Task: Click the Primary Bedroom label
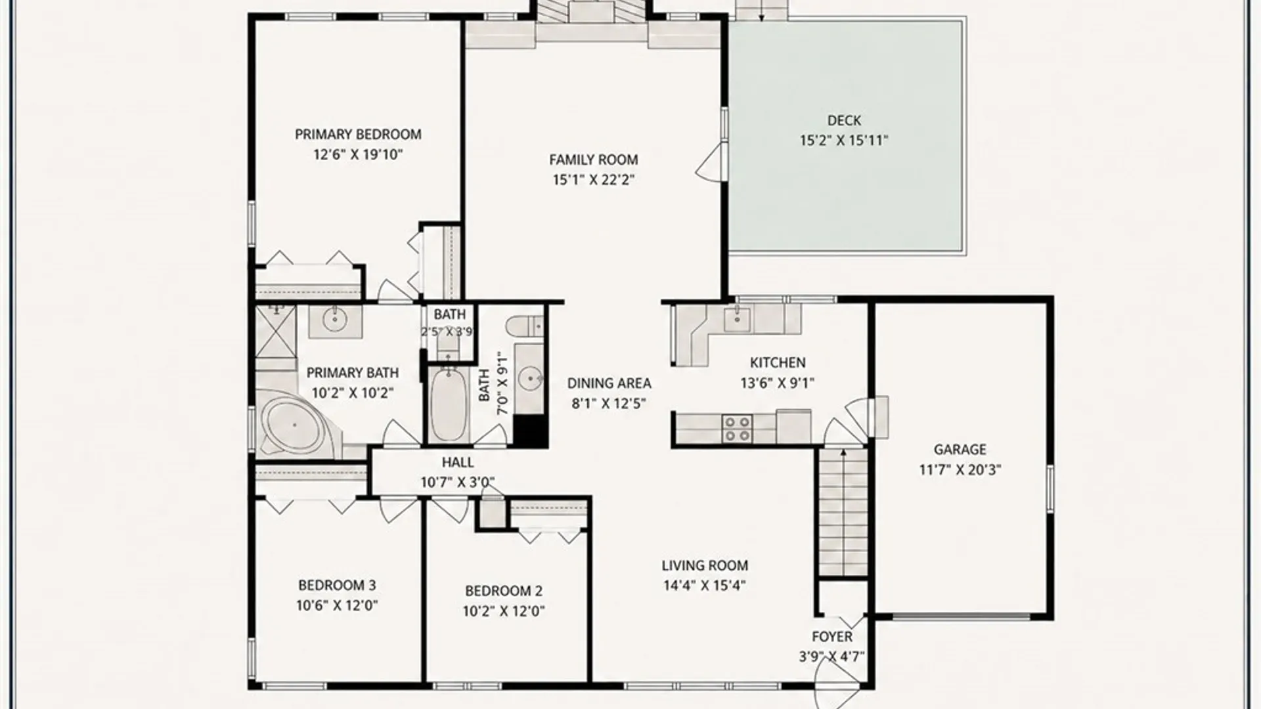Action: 358,135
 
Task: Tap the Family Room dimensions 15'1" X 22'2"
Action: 593,180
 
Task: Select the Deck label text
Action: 844,121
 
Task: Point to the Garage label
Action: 960,450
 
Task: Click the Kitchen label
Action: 778,362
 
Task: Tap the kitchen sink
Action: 737,319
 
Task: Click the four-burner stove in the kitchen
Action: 737,428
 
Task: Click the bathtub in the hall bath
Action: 449,405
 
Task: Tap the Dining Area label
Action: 609,383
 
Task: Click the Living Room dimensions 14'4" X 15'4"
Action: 705,586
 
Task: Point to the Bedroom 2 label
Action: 504,591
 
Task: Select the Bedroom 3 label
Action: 337,585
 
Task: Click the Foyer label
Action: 832,637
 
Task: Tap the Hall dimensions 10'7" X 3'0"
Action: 458,483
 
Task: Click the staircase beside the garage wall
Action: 843,512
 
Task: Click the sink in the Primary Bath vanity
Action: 335,320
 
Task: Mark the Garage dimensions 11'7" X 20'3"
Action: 960,470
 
